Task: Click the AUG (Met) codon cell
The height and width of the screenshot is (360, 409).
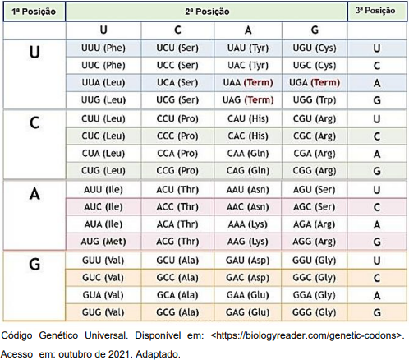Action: point(103,242)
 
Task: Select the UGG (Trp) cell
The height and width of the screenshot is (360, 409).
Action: point(315,100)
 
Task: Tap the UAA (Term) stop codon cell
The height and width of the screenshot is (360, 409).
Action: point(248,83)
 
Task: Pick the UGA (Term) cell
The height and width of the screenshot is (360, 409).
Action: point(315,83)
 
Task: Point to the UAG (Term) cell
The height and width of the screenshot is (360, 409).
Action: point(248,100)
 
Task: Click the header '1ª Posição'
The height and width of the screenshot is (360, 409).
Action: point(34,12)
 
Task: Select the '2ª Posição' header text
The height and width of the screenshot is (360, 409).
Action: point(207,12)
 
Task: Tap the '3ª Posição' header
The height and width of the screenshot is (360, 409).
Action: point(375,11)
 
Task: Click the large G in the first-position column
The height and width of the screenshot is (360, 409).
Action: point(34,265)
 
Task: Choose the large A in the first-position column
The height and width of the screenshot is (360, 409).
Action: point(34,194)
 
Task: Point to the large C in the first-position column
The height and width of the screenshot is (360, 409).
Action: point(34,122)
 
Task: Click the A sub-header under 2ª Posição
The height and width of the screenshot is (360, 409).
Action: point(248,30)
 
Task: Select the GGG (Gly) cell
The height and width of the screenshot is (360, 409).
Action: point(315,312)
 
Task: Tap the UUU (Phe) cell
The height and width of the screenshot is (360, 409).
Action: point(103,48)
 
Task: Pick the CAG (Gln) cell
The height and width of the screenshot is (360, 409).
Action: point(248,171)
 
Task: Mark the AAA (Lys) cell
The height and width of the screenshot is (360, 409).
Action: point(248,224)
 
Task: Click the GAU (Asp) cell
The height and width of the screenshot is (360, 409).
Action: point(248,261)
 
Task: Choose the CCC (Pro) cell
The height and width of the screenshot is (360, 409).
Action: point(177,136)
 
